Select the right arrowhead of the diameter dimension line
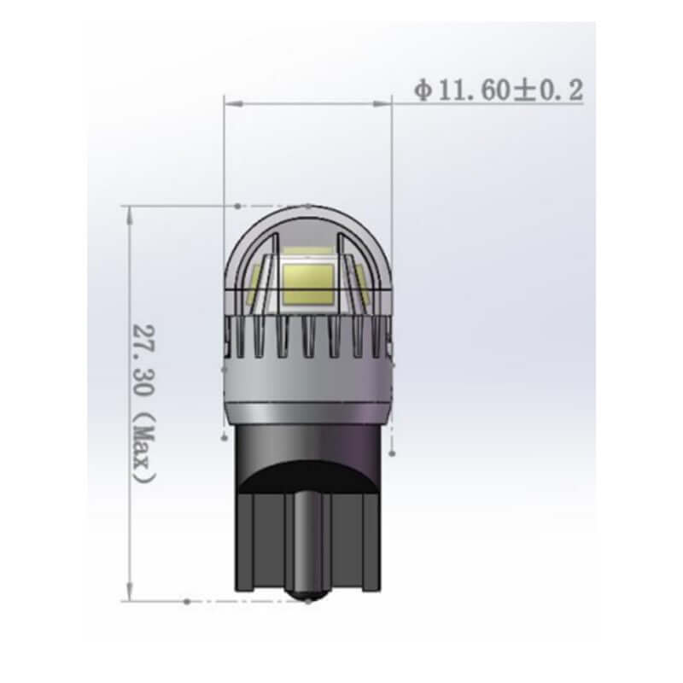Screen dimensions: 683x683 point(385,103)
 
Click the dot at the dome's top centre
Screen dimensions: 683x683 point(309,206)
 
